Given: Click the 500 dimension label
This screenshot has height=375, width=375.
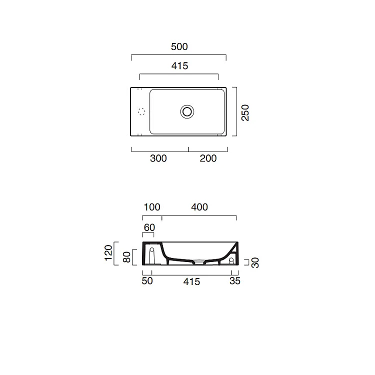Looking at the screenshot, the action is (x=179, y=46).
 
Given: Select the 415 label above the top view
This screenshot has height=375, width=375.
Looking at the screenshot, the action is (x=179, y=66).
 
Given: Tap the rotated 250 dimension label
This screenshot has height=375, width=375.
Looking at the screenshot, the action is (x=245, y=112).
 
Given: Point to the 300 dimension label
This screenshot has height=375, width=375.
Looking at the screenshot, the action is (x=158, y=158).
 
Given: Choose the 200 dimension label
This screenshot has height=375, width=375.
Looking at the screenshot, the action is (x=208, y=158).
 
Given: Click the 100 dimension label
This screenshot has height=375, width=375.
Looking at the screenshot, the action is (x=152, y=207).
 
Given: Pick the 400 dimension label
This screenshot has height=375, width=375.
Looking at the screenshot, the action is (x=199, y=207).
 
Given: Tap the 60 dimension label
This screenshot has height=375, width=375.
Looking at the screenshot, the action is (x=149, y=227).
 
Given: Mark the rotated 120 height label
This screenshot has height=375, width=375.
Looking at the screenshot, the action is (x=108, y=253).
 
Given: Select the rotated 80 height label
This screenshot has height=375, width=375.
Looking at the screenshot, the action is (x=126, y=257).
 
